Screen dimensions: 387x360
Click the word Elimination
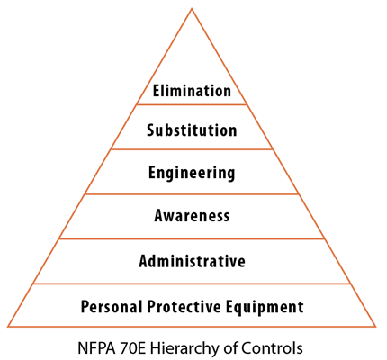click(x=192, y=91)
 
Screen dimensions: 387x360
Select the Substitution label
click(x=192, y=130)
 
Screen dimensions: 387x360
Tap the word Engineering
click(x=192, y=173)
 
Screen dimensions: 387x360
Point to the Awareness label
click(x=192, y=215)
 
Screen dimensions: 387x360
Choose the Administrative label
click(x=192, y=261)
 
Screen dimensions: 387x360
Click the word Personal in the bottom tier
click(x=112, y=306)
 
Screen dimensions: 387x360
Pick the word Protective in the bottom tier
click(x=184, y=306)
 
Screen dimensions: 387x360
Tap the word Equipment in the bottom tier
click(x=265, y=307)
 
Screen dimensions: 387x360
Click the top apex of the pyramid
click(x=192, y=9)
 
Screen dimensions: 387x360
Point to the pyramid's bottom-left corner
click(x=8, y=327)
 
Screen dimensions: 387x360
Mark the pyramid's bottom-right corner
click(x=375, y=327)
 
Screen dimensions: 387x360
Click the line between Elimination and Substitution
click(x=192, y=104)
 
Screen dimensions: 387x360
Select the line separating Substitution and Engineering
click(x=192, y=149)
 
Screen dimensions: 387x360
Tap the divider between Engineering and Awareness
click(x=192, y=194)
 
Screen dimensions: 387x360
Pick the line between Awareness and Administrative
click(x=192, y=238)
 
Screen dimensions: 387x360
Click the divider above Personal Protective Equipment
click(x=192, y=283)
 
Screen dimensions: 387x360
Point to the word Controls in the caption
click(x=273, y=348)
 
